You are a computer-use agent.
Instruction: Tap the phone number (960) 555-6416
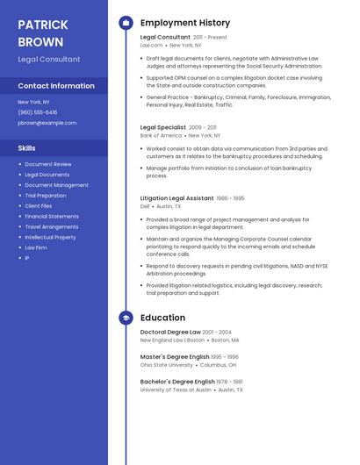coord(38,112)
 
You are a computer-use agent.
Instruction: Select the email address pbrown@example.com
coord(47,123)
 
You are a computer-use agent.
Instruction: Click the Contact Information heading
coord(56,86)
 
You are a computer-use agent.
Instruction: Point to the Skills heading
coord(27,148)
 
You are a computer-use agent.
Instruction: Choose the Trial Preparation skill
coord(46,196)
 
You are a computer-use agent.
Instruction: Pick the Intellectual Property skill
coord(50,237)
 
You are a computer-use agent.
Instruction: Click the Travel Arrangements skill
coord(51,226)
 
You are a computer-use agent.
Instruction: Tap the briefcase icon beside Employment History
coord(126,23)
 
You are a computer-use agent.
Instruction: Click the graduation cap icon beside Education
coord(126,318)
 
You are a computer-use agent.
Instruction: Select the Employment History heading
coord(184,23)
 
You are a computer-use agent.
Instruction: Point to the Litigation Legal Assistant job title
coord(176,198)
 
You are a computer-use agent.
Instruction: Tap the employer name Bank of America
coord(161,136)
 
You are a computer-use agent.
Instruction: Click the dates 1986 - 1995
coord(231,198)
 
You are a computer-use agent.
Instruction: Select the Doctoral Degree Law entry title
coord(170,333)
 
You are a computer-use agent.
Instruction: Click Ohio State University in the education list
coord(166,365)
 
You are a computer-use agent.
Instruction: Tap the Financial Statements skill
coord(52,216)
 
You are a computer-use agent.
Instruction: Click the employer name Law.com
coord(151,45)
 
